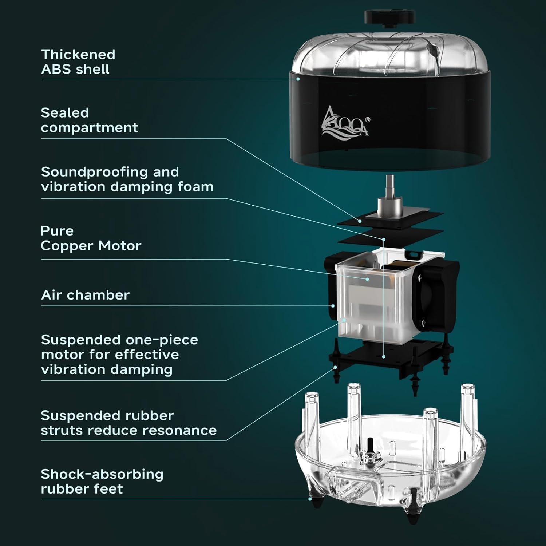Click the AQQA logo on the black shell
(x=344, y=121)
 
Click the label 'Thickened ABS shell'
(x=78, y=62)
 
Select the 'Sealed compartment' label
(x=89, y=120)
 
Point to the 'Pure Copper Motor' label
(x=91, y=238)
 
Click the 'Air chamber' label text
(x=85, y=295)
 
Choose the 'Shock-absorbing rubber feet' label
(x=102, y=482)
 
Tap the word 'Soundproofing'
(x=110, y=172)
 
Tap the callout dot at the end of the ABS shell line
(x=298, y=78)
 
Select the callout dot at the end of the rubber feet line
(x=310, y=499)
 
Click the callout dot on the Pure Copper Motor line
(x=368, y=280)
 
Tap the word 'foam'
(x=197, y=187)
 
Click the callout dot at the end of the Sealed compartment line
(x=360, y=221)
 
